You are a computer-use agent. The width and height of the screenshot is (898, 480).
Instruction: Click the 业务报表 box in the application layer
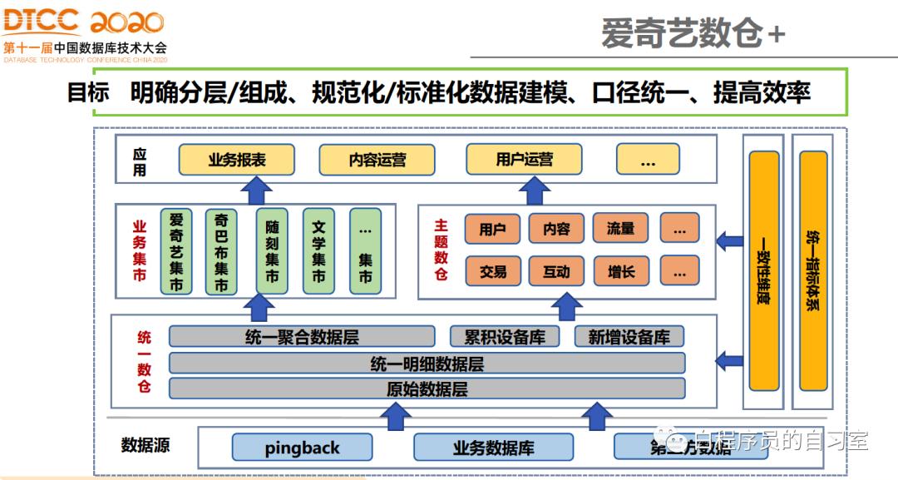pyautogui.click(x=237, y=160)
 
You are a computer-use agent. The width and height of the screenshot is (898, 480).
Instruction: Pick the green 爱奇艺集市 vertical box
pyautogui.click(x=176, y=251)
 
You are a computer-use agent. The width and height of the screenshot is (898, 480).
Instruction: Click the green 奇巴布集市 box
pyautogui.click(x=221, y=251)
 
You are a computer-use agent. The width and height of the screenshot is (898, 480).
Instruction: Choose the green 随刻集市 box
pyautogui.click(x=272, y=251)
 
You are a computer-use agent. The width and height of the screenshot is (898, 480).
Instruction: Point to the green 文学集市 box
pyautogui.click(x=318, y=251)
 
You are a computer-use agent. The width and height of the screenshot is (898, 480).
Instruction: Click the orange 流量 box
pyautogui.click(x=620, y=229)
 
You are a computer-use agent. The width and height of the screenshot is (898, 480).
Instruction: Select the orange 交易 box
pyautogui.click(x=493, y=271)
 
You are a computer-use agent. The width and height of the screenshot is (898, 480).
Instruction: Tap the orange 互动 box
pyautogui.click(x=556, y=271)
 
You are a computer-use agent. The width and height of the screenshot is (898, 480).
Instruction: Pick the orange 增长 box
pyautogui.click(x=620, y=271)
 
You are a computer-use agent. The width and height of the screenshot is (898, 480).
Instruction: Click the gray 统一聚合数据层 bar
pyautogui.click(x=302, y=337)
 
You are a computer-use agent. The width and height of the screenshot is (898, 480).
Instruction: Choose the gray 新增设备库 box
pyautogui.click(x=629, y=337)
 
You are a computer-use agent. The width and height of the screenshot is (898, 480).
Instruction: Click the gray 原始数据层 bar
pyautogui.click(x=427, y=388)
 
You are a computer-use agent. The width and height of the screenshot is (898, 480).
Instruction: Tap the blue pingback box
pyautogui.click(x=302, y=448)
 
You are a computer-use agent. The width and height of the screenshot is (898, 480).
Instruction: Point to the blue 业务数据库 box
pyautogui.click(x=493, y=448)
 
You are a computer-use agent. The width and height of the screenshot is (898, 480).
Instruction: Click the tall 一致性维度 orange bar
pyautogui.click(x=763, y=270)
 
